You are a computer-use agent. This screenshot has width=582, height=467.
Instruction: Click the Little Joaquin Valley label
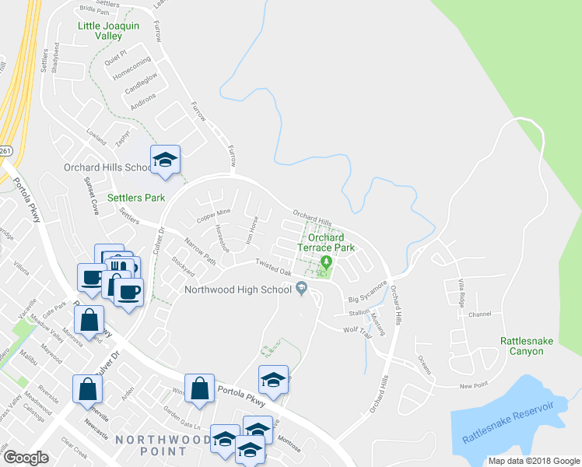point(108,30)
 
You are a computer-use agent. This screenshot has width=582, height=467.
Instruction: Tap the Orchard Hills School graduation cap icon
point(165,160)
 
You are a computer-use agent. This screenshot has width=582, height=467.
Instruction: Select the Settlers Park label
point(136,198)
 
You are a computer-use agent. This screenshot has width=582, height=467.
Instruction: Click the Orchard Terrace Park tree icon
point(327,262)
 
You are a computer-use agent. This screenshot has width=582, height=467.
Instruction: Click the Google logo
point(26,458)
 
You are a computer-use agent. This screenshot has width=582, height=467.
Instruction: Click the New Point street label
point(474,386)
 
